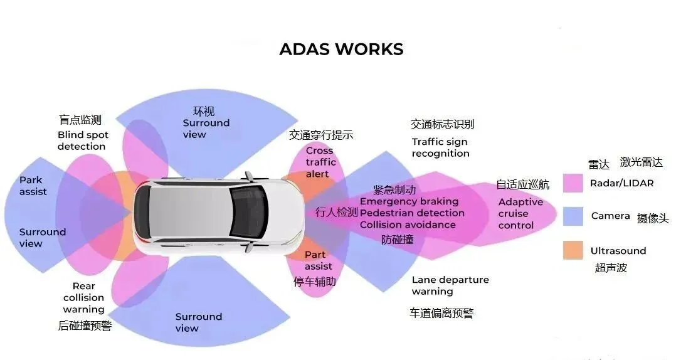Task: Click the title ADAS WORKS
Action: coord(341,50)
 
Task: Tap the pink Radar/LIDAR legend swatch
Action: coord(573,183)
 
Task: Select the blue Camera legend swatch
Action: coord(573,216)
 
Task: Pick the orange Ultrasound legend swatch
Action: coord(573,250)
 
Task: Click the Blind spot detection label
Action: coord(83,140)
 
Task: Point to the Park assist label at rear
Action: coord(33,186)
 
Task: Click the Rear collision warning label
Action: coord(83,298)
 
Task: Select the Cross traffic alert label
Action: coord(320,162)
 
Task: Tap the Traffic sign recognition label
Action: coord(440,147)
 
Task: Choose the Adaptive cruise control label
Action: coord(520,213)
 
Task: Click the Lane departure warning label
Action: coord(450,285)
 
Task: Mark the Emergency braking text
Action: coord(409,201)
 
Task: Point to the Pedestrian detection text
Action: coord(412,213)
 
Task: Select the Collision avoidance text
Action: coord(408,225)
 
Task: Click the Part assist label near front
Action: coord(318,260)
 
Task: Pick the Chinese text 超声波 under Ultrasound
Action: coord(610,268)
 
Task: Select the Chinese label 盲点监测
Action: coord(80,120)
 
